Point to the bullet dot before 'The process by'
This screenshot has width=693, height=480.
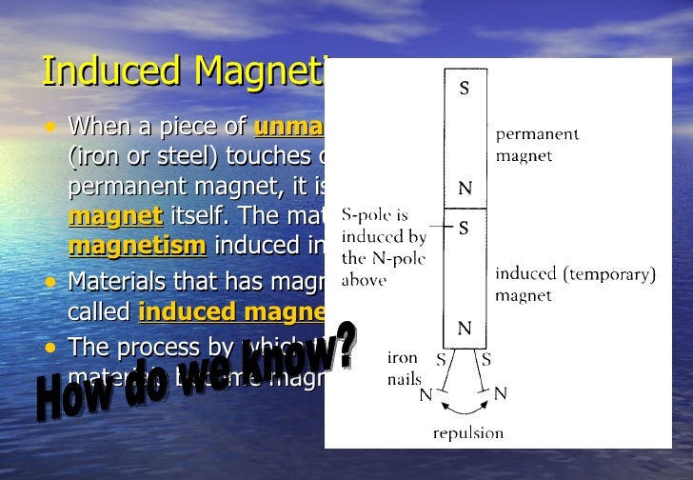pos(49,346)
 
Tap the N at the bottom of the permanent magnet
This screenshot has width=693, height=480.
pos(465,189)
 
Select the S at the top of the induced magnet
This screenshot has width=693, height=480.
pos(465,229)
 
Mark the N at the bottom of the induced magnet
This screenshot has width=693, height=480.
pos(465,329)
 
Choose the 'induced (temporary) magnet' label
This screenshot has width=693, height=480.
pos(575,284)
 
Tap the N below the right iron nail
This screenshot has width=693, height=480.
pos(501,391)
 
